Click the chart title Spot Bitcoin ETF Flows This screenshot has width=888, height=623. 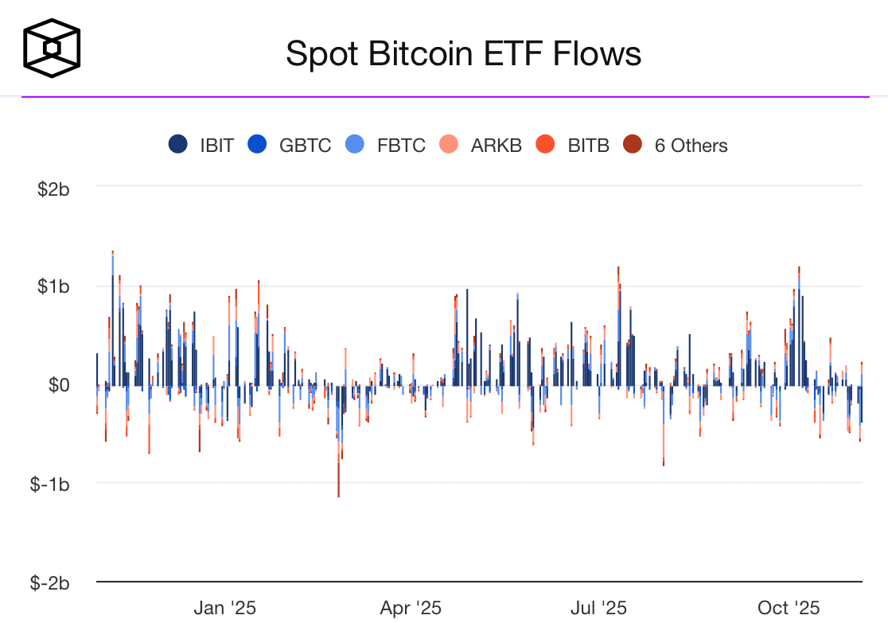point(463,54)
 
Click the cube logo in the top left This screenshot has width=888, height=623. point(52,49)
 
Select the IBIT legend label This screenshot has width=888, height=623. point(216,146)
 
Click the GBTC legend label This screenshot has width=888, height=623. point(305,146)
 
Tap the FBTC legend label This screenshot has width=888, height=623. point(401,146)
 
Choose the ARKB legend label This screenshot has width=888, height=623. point(496,146)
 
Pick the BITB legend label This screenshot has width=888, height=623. point(588,146)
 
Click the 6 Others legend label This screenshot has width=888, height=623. point(691,146)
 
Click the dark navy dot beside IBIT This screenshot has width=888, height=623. point(178,145)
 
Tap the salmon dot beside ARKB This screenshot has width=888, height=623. point(449,145)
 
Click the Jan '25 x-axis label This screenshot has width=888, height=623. point(225,609)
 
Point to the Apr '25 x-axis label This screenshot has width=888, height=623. point(411,609)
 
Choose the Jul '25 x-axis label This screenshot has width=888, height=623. point(598,609)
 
